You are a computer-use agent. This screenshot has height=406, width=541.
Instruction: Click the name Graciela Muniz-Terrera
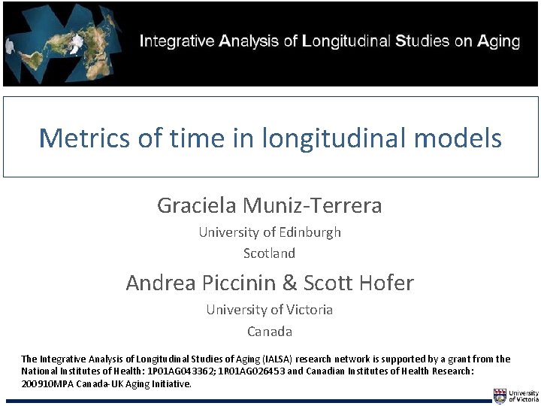coord(269,205)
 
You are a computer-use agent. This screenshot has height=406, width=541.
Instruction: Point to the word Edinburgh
coord(310,232)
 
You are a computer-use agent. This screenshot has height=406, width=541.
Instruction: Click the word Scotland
coord(269,253)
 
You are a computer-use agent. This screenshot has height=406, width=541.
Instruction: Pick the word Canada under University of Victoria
coord(269,331)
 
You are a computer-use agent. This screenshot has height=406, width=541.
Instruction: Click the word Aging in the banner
coord(498,41)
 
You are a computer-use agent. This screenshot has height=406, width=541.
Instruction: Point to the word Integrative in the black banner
coord(177,41)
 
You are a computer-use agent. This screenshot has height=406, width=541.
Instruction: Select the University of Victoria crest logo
coord(500,396)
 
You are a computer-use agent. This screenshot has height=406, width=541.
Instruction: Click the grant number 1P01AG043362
coord(179,371)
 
